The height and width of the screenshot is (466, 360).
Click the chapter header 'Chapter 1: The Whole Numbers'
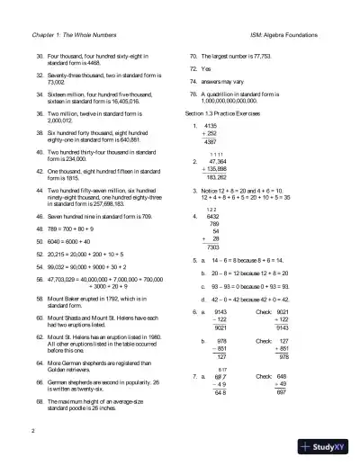coord(72,33)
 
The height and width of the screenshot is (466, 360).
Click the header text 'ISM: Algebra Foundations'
coord(293,33)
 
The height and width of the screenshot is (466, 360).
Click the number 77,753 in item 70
coord(264,55)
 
